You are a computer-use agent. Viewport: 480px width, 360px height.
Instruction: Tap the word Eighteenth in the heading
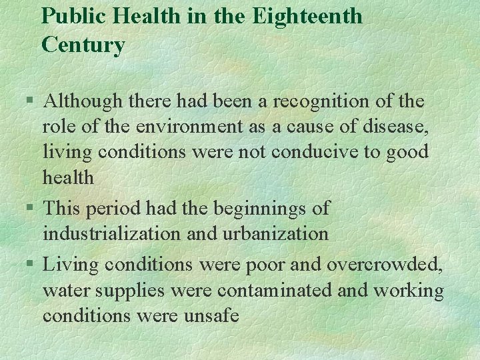pos(307,15)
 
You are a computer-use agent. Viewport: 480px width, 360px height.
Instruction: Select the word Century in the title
pos(83,45)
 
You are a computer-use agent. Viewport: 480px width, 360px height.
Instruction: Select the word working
pos(408,291)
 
